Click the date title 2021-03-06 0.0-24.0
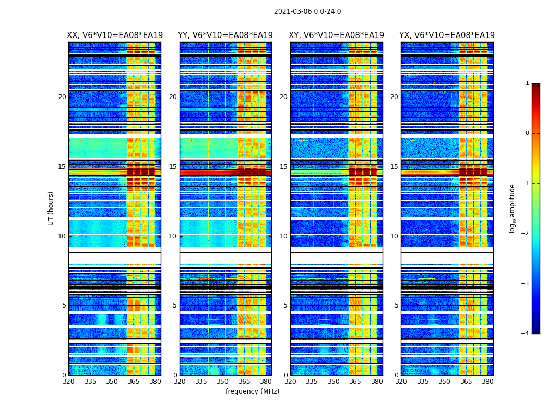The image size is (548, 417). (x=307, y=11)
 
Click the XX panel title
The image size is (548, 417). (x=115, y=35)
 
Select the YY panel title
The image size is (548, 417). (x=225, y=35)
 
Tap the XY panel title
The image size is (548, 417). (x=336, y=35)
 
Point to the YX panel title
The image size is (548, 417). (x=447, y=35)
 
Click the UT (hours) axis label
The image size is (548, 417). (x=51, y=208)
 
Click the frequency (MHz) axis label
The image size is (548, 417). (x=252, y=391)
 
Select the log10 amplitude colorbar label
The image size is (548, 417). (x=513, y=208)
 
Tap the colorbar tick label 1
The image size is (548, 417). (x=527, y=83)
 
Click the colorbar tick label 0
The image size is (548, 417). (x=527, y=133)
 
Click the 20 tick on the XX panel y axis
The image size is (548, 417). (x=62, y=97)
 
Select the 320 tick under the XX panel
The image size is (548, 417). (x=68, y=382)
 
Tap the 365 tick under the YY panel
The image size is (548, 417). (x=244, y=382)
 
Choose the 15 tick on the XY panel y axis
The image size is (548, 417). (x=283, y=167)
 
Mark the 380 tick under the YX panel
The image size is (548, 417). (x=487, y=382)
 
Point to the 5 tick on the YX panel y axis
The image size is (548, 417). (x=396, y=305)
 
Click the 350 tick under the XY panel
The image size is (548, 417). (x=333, y=382)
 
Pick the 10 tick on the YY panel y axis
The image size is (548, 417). (x=173, y=236)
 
